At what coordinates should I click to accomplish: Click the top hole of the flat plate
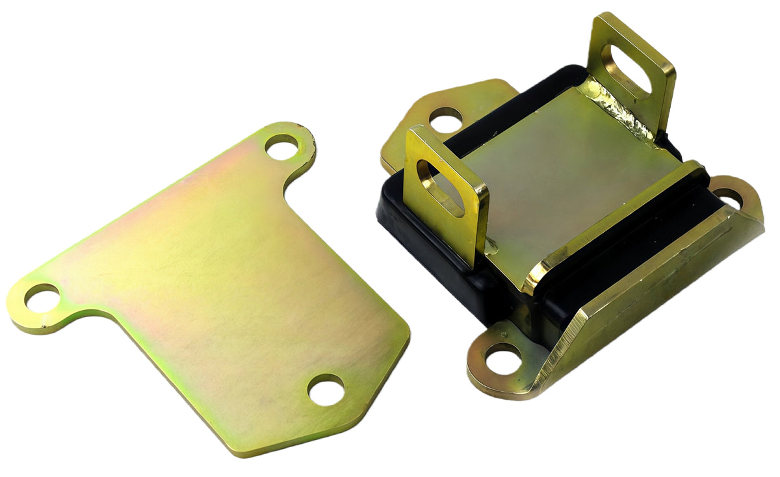(281, 147)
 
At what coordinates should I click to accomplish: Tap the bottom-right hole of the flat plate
(325, 389)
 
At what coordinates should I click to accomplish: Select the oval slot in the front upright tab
(440, 188)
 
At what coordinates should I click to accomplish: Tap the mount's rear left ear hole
(445, 120)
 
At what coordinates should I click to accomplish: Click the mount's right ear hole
(729, 198)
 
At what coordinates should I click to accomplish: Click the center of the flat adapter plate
(214, 279)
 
